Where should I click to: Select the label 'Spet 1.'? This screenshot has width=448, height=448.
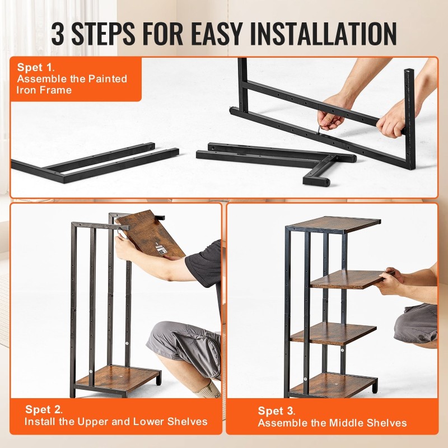[36, 67]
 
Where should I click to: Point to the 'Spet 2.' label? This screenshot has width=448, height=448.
[44, 409]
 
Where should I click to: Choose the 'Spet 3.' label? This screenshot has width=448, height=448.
[276, 411]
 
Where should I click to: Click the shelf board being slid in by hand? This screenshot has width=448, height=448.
[352, 279]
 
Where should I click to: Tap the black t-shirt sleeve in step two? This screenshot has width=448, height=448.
[204, 262]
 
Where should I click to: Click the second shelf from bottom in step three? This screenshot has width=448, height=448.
[333, 333]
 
